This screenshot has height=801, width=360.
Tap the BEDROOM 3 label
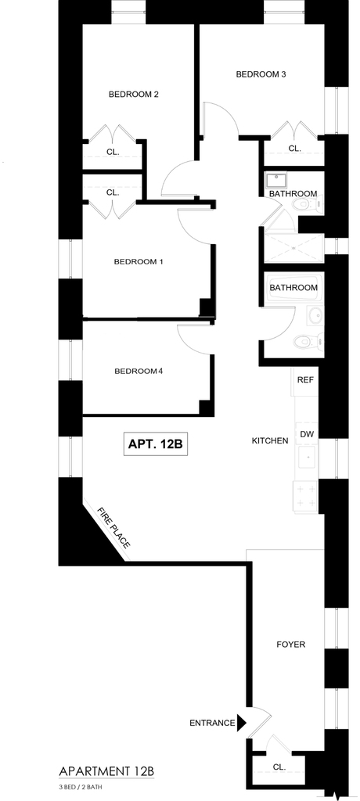click(x=261, y=74)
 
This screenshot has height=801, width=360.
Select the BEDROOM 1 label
click(x=138, y=261)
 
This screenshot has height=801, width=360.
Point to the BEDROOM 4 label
click(x=138, y=371)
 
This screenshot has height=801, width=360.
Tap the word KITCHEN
click(x=270, y=440)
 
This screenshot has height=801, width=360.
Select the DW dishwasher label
click(x=306, y=434)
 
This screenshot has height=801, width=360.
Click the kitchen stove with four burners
click(x=306, y=496)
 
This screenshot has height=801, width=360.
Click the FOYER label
click(x=290, y=645)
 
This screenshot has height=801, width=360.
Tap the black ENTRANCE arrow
click(x=241, y=722)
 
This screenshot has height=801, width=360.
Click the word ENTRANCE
click(x=212, y=723)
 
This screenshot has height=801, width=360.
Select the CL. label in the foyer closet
click(x=279, y=767)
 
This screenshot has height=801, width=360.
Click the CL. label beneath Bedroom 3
click(x=294, y=148)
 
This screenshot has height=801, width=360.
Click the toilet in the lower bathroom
click(x=308, y=340)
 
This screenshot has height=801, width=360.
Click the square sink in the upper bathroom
click(x=276, y=181)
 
